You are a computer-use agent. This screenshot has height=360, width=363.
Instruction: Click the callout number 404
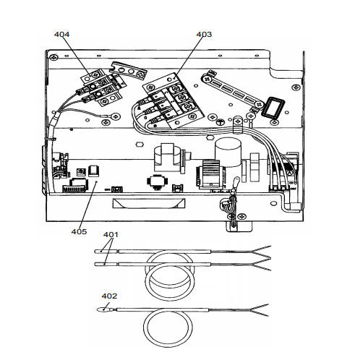61,35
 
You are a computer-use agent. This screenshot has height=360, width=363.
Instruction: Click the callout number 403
204,35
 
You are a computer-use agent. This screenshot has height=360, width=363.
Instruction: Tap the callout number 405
79,231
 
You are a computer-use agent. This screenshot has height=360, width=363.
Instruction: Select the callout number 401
111,234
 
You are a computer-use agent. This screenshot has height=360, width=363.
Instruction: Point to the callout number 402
109,296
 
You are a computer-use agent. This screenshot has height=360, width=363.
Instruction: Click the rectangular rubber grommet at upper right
273,108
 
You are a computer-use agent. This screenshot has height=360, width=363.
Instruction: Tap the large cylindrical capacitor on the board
228,152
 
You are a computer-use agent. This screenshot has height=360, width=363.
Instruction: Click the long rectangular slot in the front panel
149,203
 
